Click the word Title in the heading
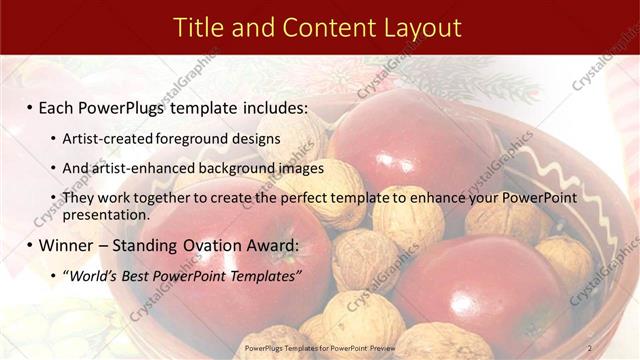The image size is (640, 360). [x=198, y=27]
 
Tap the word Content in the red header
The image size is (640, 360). [x=324, y=27]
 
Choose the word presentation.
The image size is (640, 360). [x=105, y=214]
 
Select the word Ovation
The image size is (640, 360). [x=216, y=245]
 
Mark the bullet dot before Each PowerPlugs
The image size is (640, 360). [x=30, y=108]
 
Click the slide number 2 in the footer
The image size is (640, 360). [x=590, y=347]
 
